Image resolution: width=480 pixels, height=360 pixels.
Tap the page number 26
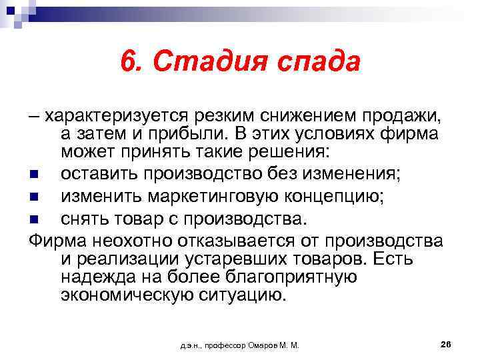(x=446, y=343)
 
